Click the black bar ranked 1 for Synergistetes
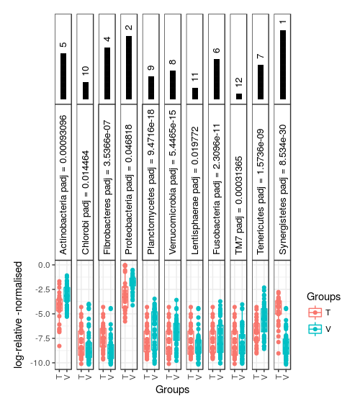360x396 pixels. click(283, 65)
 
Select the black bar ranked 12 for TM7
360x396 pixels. click(239, 96)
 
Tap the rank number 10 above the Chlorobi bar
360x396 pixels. click(86, 71)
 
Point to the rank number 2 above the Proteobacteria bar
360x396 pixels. click(129, 27)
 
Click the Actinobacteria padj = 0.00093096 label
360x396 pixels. click(63, 185)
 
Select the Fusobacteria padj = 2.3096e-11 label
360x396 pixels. click(217, 189)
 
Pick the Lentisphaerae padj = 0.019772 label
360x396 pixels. click(195, 191)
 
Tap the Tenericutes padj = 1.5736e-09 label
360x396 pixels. click(261, 192)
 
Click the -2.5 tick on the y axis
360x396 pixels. click(44, 289)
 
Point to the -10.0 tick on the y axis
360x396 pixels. click(42, 363)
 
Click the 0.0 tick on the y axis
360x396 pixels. click(45, 265)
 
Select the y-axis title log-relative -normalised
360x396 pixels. click(18, 315)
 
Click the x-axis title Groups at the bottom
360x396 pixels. click(173, 390)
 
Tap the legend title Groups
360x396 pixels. click(323, 297)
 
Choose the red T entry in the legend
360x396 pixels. click(320, 312)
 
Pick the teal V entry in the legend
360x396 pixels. click(320, 329)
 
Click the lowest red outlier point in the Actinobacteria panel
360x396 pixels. click(59, 346)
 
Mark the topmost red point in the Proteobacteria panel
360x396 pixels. click(125, 266)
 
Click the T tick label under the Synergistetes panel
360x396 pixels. click(279, 377)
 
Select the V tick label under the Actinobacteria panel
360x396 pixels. click(67, 377)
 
